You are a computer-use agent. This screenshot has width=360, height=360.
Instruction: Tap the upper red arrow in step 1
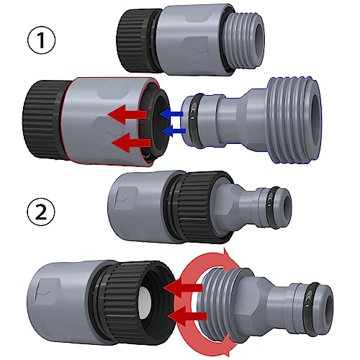(x=125, y=114)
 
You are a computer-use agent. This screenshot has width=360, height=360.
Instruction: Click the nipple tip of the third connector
(x=277, y=202)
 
